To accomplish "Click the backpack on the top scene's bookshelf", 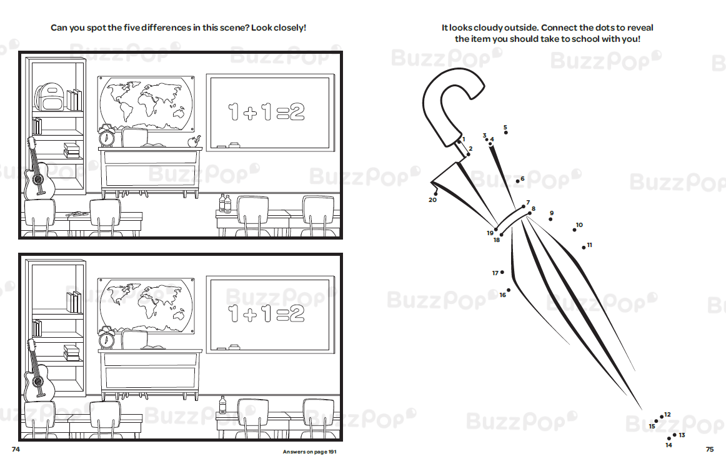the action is (x=48, y=97).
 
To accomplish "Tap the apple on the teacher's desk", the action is (x=193, y=141).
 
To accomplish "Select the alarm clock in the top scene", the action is (x=106, y=136).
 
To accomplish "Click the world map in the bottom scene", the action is (x=146, y=305).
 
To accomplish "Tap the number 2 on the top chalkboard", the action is (x=297, y=112).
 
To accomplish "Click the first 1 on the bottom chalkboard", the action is (x=234, y=313).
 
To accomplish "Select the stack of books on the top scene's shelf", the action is (x=71, y=151).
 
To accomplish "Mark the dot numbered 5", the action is (x=505, y=133).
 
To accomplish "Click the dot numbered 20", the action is (x=435, y=194).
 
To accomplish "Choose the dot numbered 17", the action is (x=502, y=272).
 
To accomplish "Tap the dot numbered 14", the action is (x=669, y=438).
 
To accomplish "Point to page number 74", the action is (x=16, y=449).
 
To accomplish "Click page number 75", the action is (x=710, y=449).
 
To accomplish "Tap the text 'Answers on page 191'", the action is (x=310, y=452).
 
